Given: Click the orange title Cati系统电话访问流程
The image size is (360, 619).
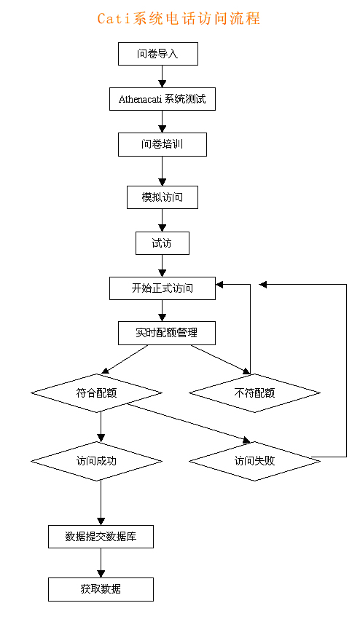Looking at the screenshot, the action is pos(179,18).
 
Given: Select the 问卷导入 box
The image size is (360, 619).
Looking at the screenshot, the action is pos(158,54).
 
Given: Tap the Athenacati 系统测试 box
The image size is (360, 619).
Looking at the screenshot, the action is pos(163,99).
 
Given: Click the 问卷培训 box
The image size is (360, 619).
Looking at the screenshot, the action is pos(163,144).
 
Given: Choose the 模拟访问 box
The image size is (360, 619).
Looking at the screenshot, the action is pos(163,197).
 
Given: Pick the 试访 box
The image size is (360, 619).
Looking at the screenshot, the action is pos(163,243).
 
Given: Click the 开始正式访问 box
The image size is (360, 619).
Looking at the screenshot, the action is pos(163,288).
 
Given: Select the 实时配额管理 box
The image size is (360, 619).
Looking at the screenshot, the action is pos(167,334).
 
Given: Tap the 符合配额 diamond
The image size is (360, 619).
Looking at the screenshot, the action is pos(96,393).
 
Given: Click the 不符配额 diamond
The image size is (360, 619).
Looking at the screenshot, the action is pos(254,393).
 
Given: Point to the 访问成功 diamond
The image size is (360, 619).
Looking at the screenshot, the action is pos(96,461).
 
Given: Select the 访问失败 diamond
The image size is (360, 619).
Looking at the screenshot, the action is pos(254,461).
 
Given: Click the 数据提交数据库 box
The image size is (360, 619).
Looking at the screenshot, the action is pos(101,537).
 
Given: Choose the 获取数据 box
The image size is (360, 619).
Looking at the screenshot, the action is pos(101,589).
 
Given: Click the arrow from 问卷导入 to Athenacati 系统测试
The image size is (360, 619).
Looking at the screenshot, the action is pos(162,76).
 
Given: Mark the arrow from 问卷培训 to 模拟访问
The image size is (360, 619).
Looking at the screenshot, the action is pos(162,171).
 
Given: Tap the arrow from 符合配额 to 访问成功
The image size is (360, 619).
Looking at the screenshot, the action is pos(101,427).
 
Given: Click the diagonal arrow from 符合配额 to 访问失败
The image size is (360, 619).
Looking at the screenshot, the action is pos(189,423).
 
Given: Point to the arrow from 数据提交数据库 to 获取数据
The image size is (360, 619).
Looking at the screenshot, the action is pos(101,563).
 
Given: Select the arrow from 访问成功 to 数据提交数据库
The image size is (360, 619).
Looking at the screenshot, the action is pos(101,502).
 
